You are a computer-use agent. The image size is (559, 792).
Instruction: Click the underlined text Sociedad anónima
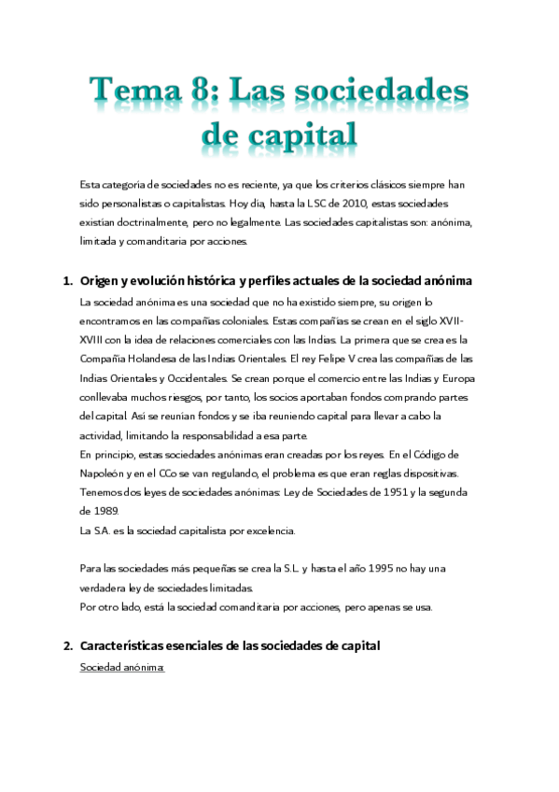[122, 667]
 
